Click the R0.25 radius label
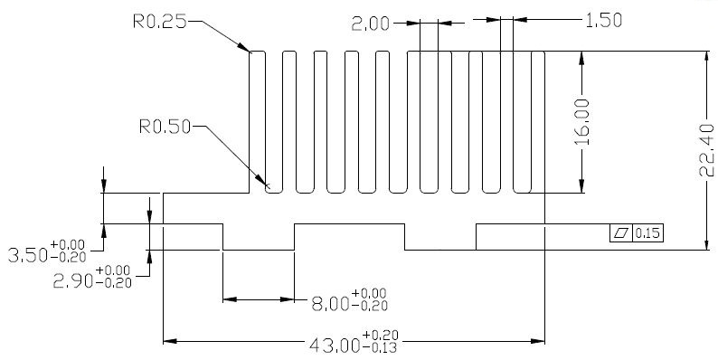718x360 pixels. (160, 21)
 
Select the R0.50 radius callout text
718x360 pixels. (165, 127)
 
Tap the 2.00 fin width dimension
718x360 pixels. (371, 24)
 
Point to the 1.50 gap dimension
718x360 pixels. (604, 21)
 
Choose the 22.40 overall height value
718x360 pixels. (706, 150)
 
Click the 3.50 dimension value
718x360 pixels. (28, 256)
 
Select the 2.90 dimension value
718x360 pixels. (73, 280)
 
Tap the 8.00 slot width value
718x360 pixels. (331, 304)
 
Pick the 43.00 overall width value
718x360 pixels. (335, 346)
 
